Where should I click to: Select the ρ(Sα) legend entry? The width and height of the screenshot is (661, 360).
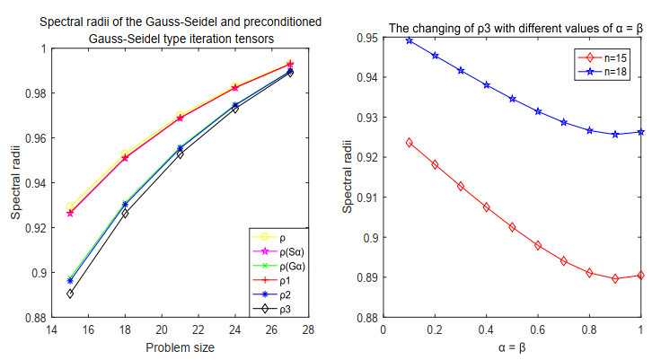click(x=275, y=252)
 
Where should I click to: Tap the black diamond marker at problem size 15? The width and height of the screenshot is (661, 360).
click(x=70, y=294)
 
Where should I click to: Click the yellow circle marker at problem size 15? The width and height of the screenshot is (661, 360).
click(x=70, y=206)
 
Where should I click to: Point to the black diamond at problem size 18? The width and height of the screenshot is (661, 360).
click(x=125, y=214)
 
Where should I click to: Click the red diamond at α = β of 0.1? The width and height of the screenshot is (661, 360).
click(x=410, y=142)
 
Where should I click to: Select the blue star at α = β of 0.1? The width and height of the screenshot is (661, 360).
click(x=410, y=40)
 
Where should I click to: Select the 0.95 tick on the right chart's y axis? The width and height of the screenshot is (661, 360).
click(x=368, y=38)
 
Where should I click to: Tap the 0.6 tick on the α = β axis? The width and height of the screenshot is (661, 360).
click(x=538, y=329)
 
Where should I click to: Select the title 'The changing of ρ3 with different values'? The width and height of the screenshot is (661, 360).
click(x=498, y=29)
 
